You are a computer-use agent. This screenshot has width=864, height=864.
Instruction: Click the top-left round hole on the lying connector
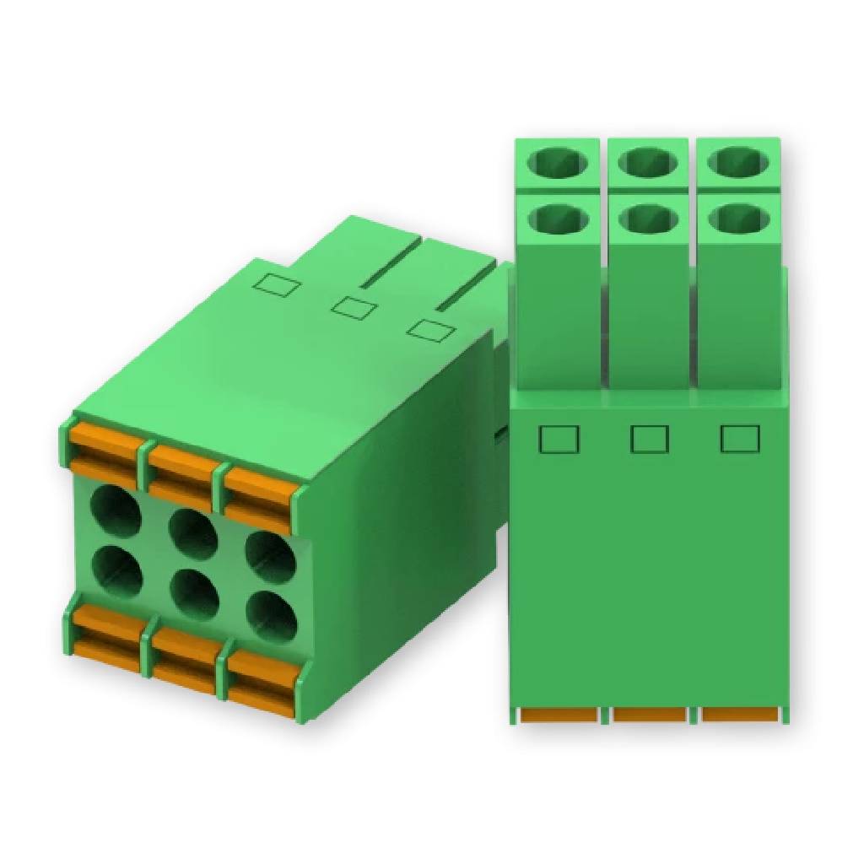(x=116, y=510)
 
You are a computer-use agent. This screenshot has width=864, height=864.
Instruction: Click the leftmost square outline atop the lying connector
(x=277, y=285)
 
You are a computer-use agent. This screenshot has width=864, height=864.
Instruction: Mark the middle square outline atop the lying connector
(x=354, y=307)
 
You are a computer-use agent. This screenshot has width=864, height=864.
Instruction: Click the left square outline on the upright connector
(x=559, y=439)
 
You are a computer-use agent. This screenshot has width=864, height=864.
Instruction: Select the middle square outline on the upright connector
(x=650, y=439)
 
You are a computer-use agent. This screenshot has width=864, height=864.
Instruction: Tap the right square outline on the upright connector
(x=740, y=439)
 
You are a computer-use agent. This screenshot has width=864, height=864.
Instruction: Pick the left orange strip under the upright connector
(x=559, y=715)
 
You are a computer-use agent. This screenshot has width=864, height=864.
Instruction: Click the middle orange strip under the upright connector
(x=650, y=715)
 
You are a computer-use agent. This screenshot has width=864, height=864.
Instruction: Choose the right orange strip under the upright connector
(x=739, y=715)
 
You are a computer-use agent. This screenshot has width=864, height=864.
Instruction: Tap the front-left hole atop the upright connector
(x=558, y=219)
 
